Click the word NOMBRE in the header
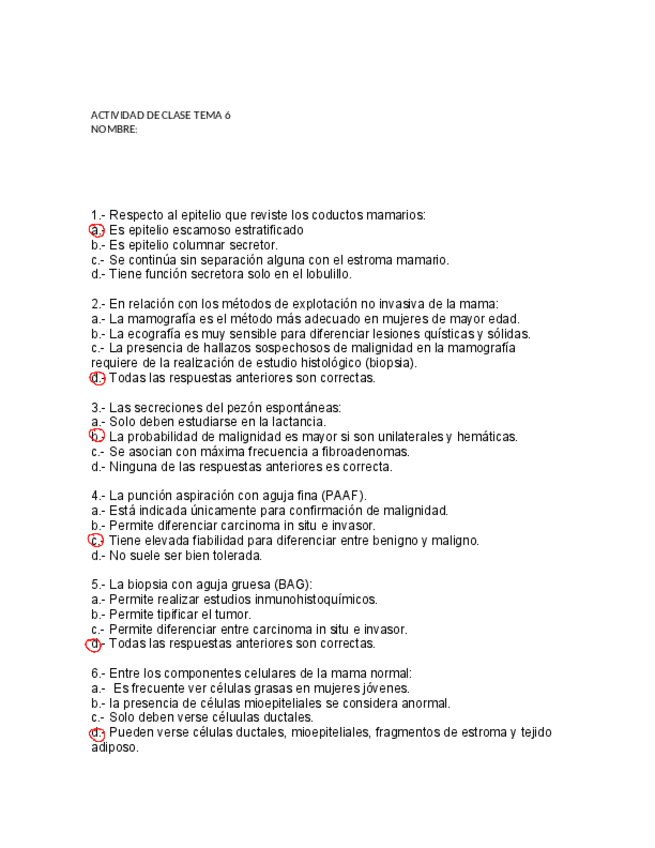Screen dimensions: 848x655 coord(112,129)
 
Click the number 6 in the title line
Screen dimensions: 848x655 coord(227,115)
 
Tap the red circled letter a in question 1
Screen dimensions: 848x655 coord(97,230)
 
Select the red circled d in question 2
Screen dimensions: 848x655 coord(97,378)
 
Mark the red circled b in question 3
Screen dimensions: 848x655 coord(97,436)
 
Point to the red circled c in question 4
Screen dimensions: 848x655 coord(97,540)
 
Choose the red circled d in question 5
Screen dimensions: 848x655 coord(97,644)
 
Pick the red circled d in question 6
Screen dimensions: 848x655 coord(97,732)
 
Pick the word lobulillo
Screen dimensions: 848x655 coord(326,274)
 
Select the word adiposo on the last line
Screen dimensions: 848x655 coord(113,747)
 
